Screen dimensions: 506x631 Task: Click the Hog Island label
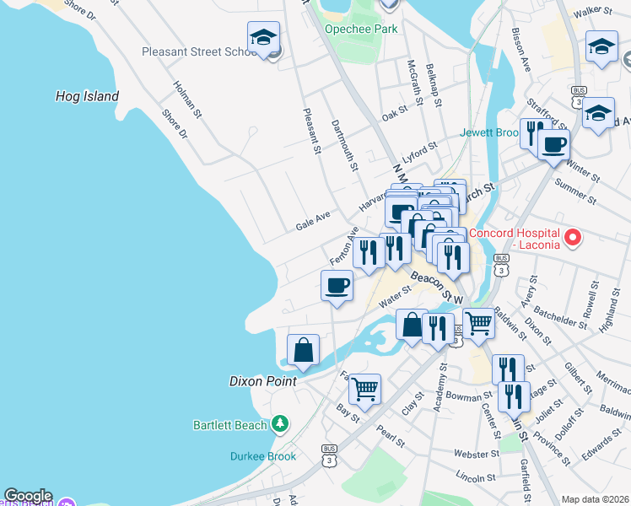click(88, 96)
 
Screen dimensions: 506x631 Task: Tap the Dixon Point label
click(262, 381)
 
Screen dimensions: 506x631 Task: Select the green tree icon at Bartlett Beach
click(279, 424)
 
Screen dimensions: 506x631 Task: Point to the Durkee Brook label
click(263, 456)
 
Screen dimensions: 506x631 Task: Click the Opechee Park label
click(361, 29)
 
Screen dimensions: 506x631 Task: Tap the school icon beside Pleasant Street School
click(263, 38)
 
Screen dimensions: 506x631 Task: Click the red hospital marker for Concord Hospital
click(574, 239)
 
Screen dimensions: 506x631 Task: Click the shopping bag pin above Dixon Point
click(303, 350)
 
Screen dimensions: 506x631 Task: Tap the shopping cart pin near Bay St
click(364, 389)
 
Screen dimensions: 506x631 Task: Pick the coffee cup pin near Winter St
click(553, 144)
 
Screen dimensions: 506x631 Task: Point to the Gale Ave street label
click(311, 226)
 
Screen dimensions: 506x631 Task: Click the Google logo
click(27, 496)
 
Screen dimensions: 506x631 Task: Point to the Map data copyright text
click(595, 499)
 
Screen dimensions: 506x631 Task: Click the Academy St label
click(441, 384)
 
